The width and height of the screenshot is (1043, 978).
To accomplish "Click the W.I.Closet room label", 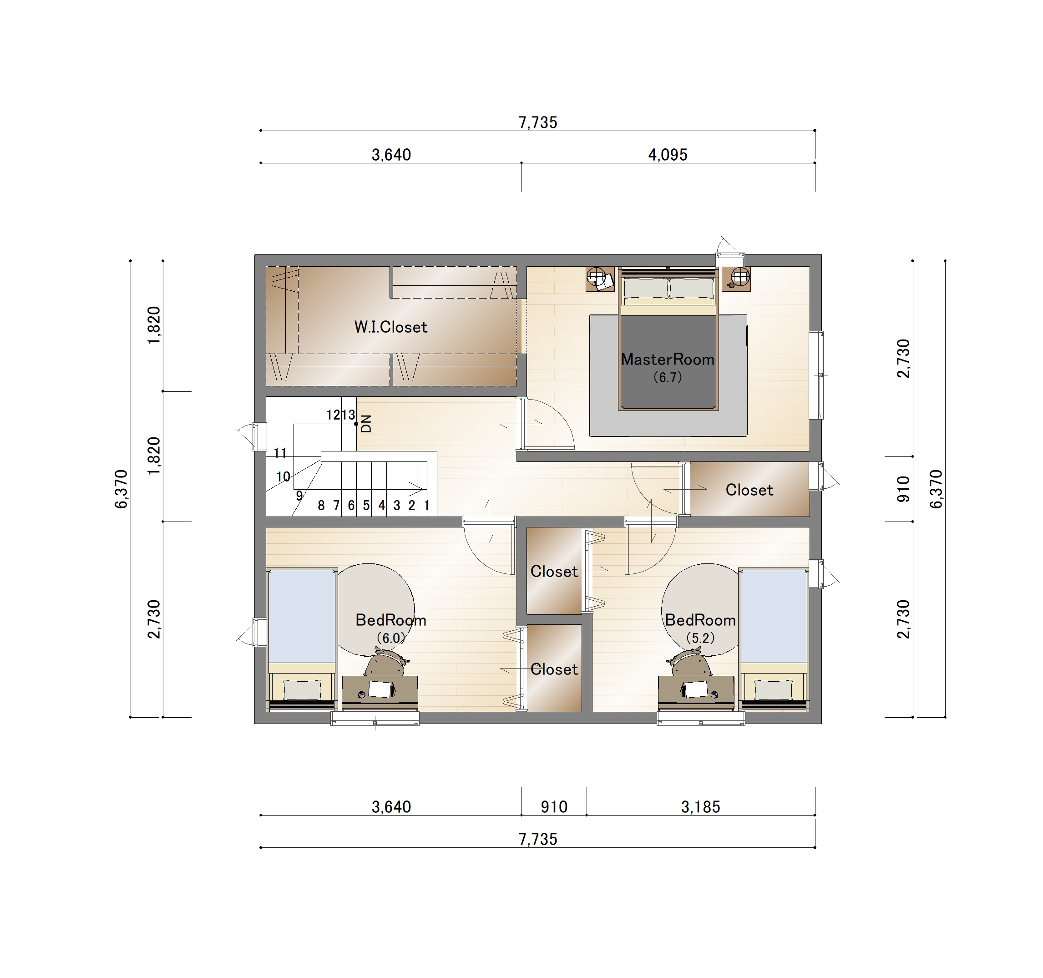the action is click(x=391, y=327).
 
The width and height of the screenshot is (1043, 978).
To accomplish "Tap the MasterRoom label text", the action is click(x=668, y=360).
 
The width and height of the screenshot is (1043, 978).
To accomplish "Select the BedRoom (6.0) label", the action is click(x=391, y=628).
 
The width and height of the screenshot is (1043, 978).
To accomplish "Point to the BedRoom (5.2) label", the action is click(x=700, y=628).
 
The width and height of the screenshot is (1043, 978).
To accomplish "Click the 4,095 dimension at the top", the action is click(x=668, y=155).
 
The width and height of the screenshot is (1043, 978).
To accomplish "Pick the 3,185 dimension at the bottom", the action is click(x=700, y=807).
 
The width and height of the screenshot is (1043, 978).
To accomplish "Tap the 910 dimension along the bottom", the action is click(x=554, y=807).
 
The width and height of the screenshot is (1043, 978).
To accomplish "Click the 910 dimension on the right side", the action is click(x=903, y=489).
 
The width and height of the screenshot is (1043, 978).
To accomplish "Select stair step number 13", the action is click(x=349, y=415).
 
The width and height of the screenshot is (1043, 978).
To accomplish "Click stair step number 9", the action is click(x=299, y=496).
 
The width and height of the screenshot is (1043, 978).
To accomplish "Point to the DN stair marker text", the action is click(x=366, y=423).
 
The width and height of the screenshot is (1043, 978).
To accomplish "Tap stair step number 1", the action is click(x=426, y=505).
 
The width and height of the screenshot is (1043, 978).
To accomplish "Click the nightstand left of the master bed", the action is click(x=600, y=279).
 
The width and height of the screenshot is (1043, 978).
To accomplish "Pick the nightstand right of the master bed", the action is click(x=736, y=279).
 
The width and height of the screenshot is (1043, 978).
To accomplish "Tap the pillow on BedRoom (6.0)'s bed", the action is click(x=302, y=689).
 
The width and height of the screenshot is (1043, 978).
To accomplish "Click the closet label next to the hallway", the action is click(x=749, y=490).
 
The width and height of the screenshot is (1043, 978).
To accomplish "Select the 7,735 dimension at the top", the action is click(x=538, y=122).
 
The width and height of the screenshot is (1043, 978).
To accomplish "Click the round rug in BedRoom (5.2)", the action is click(x=700, y=610).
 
